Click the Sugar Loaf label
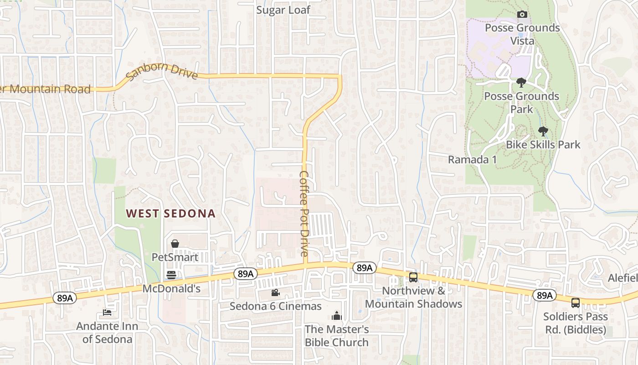point(283,10)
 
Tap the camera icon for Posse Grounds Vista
point(522,15)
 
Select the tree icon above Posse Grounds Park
point(521,83)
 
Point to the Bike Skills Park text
point(543,145)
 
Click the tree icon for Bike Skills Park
point(543,131)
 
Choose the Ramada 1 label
point(472,160)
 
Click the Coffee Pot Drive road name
point(304,213)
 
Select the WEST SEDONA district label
point(170,214)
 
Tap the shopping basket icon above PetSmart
point(175,244)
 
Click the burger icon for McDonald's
point(171,275)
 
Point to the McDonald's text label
point(171,289)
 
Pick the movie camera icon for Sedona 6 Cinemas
point(275,292)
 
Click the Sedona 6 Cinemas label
point(275,306)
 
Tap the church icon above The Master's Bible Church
point(336,315)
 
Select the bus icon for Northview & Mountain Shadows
point(413,277)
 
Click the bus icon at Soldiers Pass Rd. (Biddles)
point(576,302)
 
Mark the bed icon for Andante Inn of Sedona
point(107,313)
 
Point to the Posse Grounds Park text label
point(521,103)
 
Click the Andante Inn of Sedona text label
point(107,333)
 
